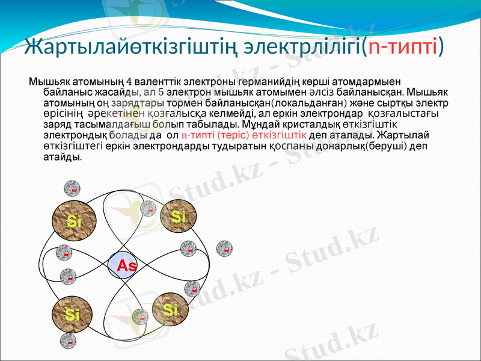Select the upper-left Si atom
coord(74,220)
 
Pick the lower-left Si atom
coord(73,314)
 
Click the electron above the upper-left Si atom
coord(73,188)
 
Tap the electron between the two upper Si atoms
coord(148,209)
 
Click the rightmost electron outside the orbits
coord(225,247)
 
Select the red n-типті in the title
coord(403,46)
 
